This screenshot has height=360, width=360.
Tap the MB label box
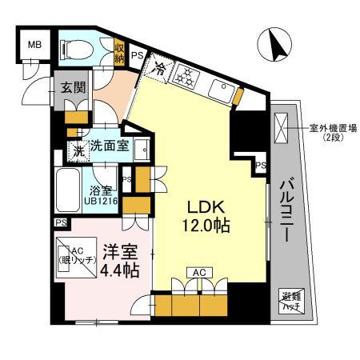pyautogui.click(x=36, y=45)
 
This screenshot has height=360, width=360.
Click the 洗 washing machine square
pyautogui.click(x=79, y=149)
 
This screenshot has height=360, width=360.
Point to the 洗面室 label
pyautogui.click(x=107, y=147)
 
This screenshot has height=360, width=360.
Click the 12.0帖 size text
pyautogui.click(x=206, y=226)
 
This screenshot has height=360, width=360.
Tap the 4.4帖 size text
pyautogui.click(x=119, y=270)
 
